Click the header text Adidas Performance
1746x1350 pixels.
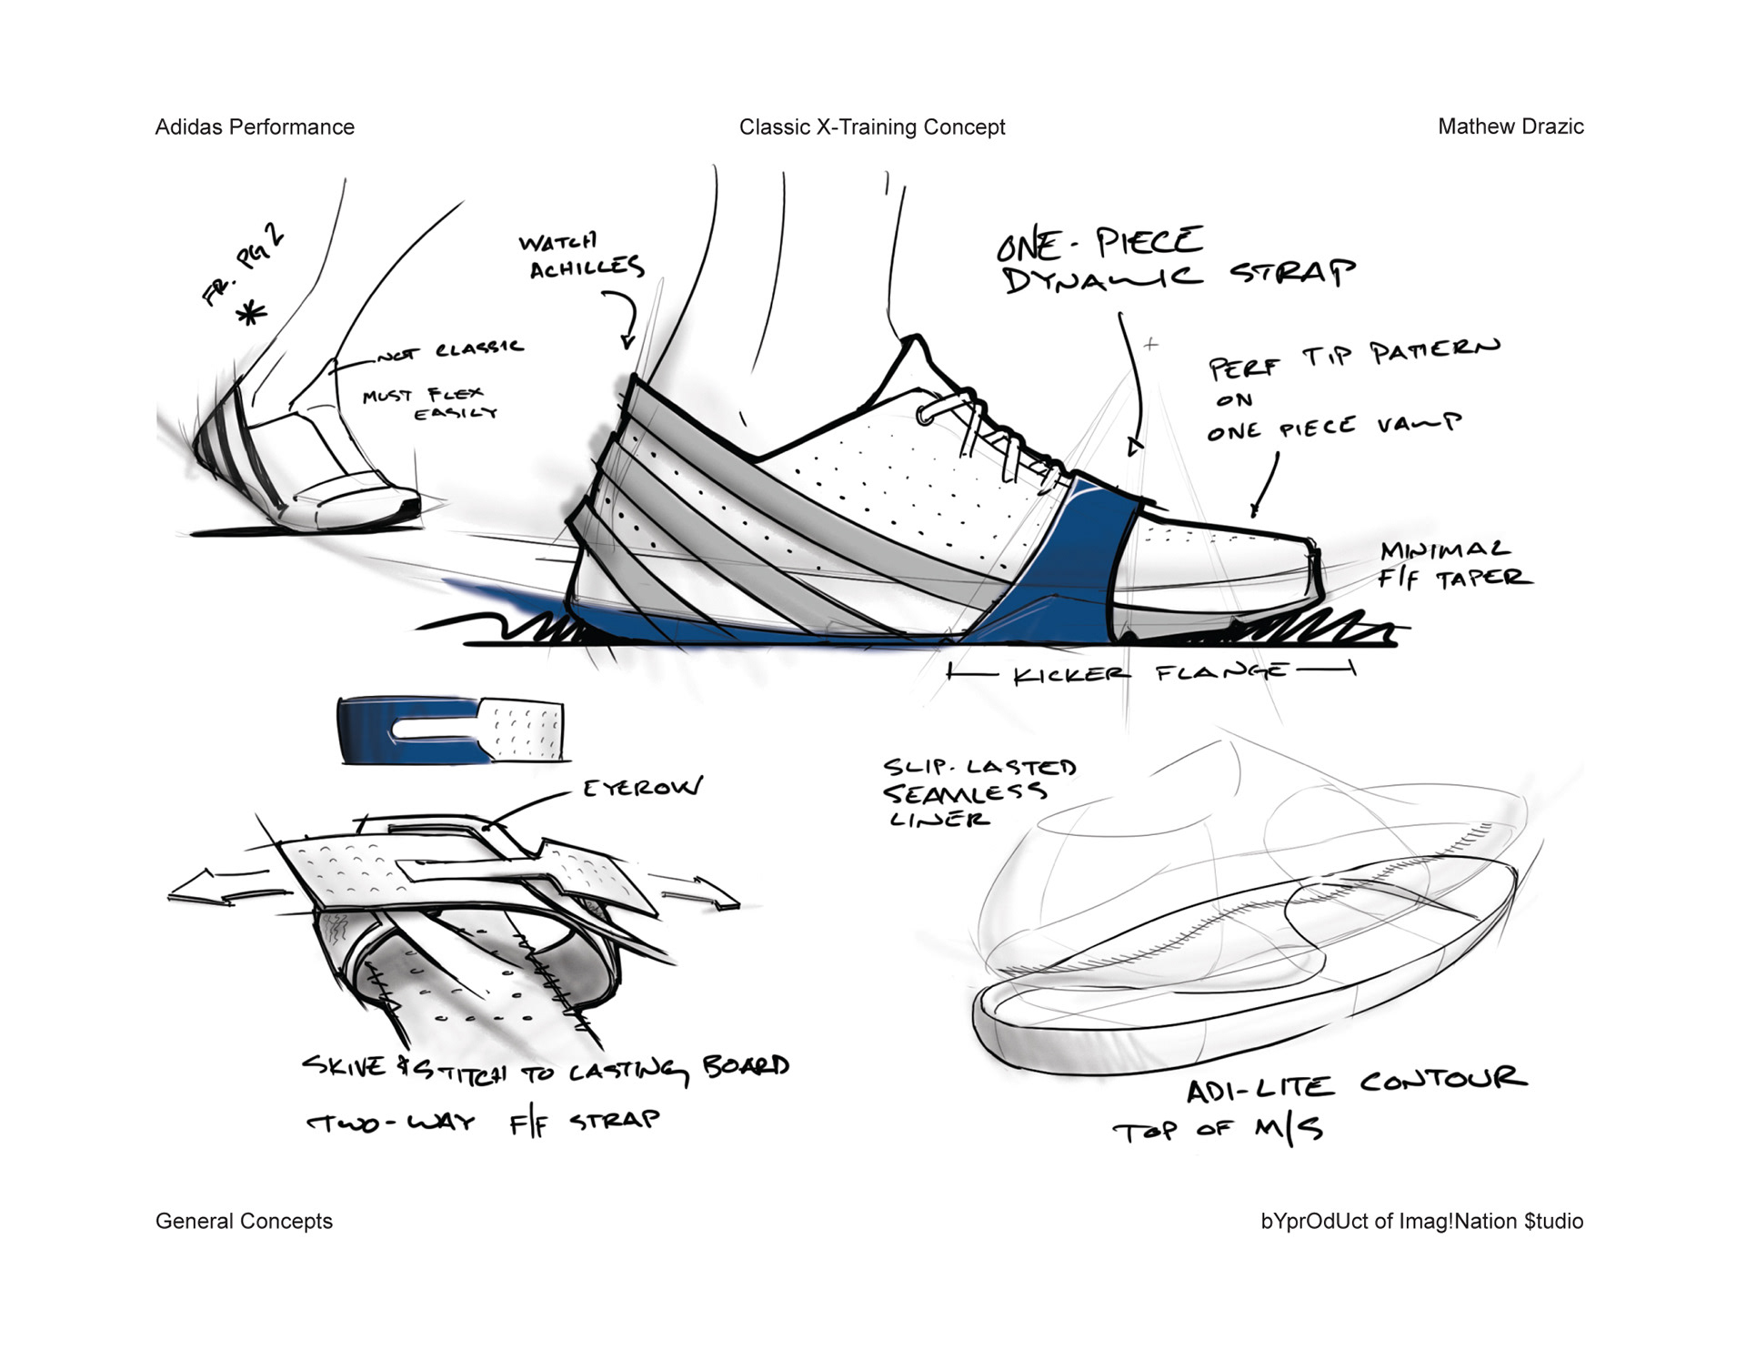pyautogui.click(x=255, y=127)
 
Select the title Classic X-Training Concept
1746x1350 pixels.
pyautogui.click(x=872, y=127)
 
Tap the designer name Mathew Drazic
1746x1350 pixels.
pyautogui.click(x=1510, y=127)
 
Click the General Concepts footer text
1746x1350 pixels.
pyautogui.click(x=244, y=1221)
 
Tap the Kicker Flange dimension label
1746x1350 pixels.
pyautogui.click(x=1150, y=673)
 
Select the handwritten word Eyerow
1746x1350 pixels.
pyautogui.click(x=643, y=788)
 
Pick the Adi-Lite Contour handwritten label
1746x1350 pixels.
pyautogui.click(x=1355, y=1084)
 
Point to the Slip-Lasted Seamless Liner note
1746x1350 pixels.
pyautogui.click(x=978, y=792)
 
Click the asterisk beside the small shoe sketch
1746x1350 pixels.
pyautogui.click(x=252, y=315)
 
